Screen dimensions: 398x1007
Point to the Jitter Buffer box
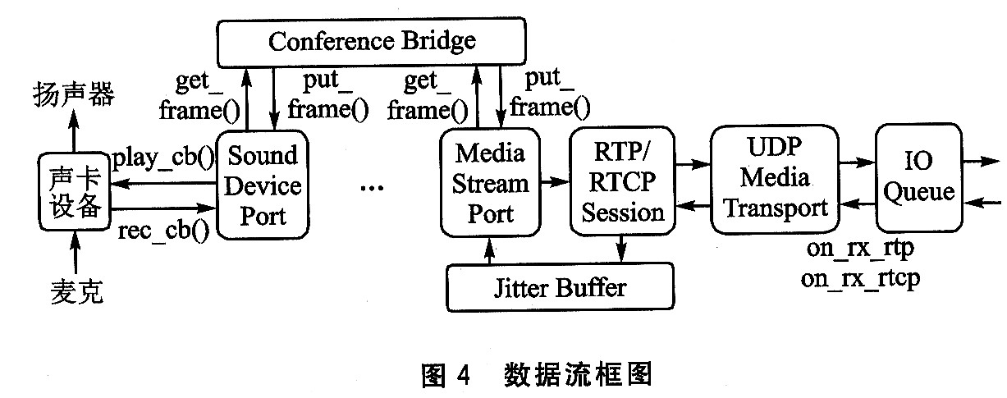click(559, 287)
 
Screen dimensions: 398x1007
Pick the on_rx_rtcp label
click(860, 278)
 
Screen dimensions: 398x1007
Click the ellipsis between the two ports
click(372, 189)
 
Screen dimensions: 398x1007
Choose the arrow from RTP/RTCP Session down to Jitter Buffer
click(622, 246)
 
